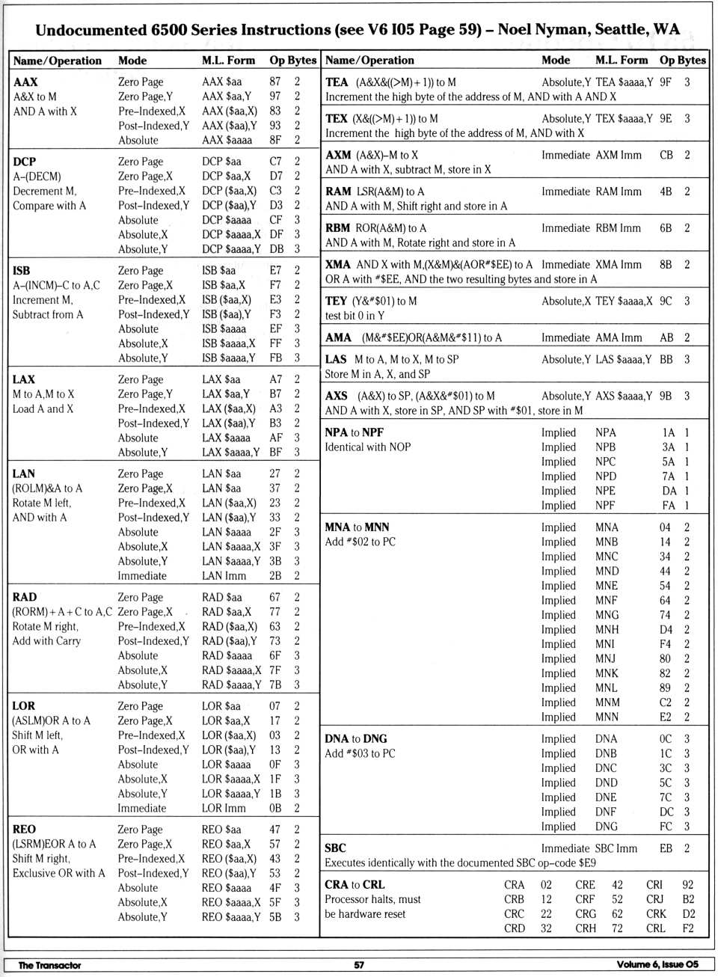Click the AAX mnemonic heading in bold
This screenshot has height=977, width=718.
(x=25, y=82)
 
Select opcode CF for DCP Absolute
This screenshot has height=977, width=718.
(x=276, y=220)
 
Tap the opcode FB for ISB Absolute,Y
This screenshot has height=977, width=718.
(x=276, y=358)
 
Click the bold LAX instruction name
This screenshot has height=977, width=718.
(x=24, y=379)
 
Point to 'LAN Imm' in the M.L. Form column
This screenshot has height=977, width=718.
(x=224, y=575)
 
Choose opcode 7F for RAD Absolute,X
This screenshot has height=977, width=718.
(x=275, y=670)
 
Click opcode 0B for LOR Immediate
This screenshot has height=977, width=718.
(x=275, y=808)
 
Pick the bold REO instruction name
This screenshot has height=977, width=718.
(x=24, y=829)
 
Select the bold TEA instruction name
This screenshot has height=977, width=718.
(x=337, y=82)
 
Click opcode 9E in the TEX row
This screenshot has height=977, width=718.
(x=666, y=118)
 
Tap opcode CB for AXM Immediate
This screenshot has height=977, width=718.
(x=666, y=155)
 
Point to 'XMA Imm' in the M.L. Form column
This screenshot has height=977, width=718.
(x=619, y=264)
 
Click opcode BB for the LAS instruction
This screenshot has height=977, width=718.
(x=666, y=359)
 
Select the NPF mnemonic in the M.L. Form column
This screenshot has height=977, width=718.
(x=606, y=505)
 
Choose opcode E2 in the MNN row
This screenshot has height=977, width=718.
(x=665, y=717)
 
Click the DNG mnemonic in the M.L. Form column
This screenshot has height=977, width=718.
(x=607, y=827)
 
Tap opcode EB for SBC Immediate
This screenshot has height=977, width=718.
(x=666, y=848)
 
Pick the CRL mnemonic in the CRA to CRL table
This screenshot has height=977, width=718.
(x=656, y=928)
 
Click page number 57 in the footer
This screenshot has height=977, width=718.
(x=359, y=965)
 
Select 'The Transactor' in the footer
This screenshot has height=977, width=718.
(x=49, y=965)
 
